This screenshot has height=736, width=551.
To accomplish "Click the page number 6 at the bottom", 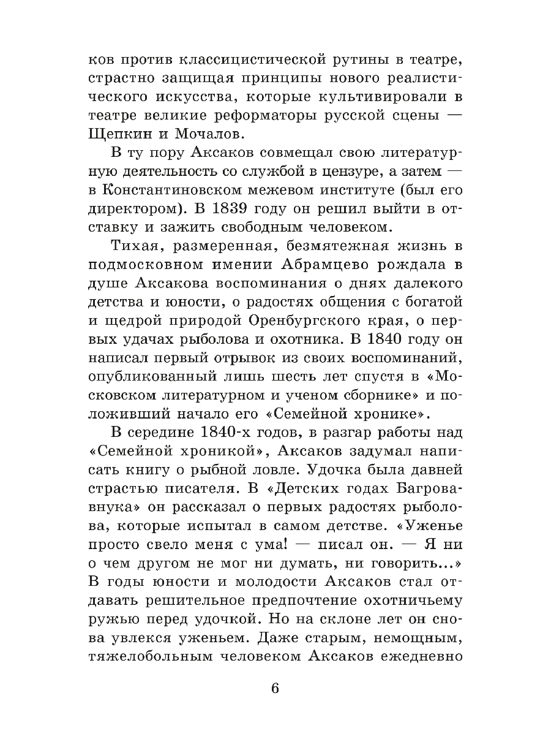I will click(275, 688).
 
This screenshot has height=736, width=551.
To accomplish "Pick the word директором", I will click(144, 208).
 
